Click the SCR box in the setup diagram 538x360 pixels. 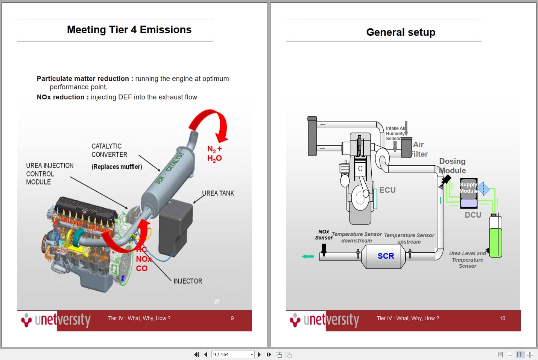click(x=385, y=256)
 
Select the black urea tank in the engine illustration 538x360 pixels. click(x=175, y=226)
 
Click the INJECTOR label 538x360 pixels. click(x=187, y=281)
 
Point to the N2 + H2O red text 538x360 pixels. click(x=214, y=154)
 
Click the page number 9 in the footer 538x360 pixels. click(x=232, y=318)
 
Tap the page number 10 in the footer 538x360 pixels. click(x=502, y=318)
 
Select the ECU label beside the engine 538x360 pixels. click(x=387, y=190)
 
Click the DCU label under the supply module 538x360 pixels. click(x=473, y=215)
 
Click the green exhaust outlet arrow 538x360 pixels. click(x=308, y=256)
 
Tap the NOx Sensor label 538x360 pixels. click(x=324, y=235)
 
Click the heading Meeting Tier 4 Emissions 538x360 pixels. click(x=129, y=30)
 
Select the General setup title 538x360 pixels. click(x=401, y=32)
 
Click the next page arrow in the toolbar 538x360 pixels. click(x=259, y=354)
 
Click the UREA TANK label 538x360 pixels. click(x=218, y=193)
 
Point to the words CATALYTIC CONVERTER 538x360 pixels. click(x=109, y=150)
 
